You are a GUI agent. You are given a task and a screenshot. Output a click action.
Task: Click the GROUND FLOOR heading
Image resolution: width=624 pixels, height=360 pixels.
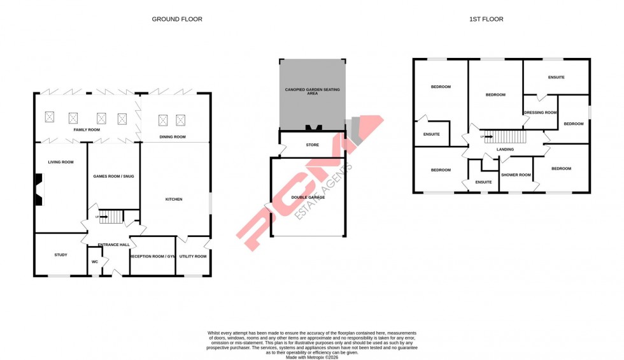pyautogui.click(x=177, y=19)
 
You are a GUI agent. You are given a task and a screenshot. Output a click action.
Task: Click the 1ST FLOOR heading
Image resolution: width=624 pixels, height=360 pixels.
pyautogui.click(x=486, y=19)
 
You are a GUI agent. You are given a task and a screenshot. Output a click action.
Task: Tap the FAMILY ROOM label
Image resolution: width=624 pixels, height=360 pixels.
pyautogui.click(x=87, y=130)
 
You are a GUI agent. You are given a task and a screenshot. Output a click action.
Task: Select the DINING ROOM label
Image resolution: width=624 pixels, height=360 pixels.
pyautogui.click(x=173, y=137)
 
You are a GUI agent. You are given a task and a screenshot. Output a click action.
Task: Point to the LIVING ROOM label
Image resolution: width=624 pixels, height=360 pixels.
pyautogui.click(x=60, y=162)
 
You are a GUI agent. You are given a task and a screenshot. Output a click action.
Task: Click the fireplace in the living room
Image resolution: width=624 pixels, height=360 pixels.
pyautogui.click(x=39, y=191)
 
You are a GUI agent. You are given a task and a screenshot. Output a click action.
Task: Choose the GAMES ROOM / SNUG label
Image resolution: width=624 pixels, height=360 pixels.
pyautogui.click(x=113, y=176)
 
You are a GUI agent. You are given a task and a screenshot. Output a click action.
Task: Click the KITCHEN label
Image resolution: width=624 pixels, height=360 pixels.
pyautogui.click(x=174, y=199)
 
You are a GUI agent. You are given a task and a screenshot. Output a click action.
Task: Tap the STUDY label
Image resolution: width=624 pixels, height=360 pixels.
pyautogui.click(x=60, y=255)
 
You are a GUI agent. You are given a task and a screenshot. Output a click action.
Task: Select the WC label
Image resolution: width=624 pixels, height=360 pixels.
pyautogui.click(x=94, y=262)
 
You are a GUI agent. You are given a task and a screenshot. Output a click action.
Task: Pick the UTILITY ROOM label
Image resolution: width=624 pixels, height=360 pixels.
pyautogui.click(x=193, y=256)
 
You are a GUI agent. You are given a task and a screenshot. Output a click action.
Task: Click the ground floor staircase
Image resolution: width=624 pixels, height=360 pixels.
pyautogui.click(x=111, y=217)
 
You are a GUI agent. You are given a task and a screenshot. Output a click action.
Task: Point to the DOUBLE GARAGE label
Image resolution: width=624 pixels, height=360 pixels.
pyautogui.click(x=308, y=198)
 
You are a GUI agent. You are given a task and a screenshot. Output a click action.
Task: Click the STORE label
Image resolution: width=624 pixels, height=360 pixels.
pyautogui.click(x=312, y=145)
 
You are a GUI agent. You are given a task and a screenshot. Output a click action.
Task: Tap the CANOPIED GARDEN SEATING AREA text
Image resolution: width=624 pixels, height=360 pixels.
pyautogui.click(x=312, y=92)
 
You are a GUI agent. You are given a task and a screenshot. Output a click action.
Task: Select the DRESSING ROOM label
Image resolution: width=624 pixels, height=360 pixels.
pyautogui.click(x=540, y=113)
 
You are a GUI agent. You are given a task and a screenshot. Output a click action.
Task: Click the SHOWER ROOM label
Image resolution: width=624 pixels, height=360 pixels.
pyautogui.click(x=516, y=175)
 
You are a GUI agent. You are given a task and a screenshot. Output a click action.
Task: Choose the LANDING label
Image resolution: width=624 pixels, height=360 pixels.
pyautogui.click(x=505, y=149)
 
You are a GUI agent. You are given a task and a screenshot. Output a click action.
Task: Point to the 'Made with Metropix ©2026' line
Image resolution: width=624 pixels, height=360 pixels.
pyautogui.click(x=312, y=357)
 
